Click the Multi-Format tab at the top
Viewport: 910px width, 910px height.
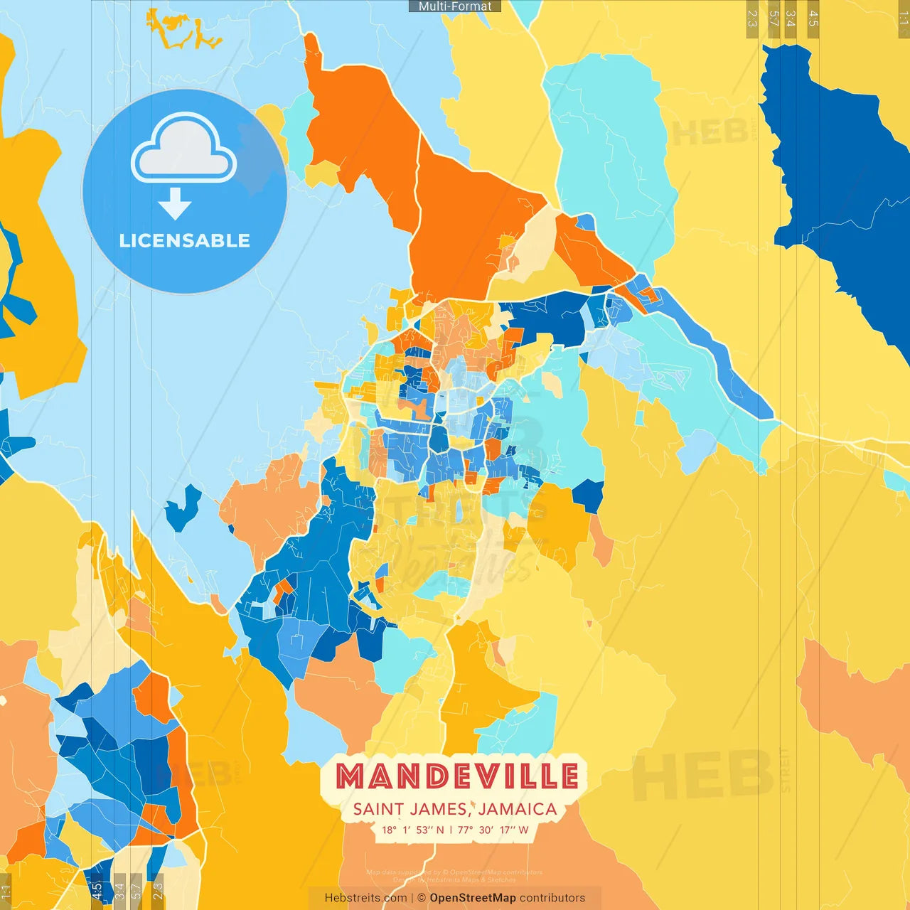click(455, 6)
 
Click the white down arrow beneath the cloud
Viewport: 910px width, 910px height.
click(175, 203)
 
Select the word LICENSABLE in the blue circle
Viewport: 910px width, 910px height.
click(185, 240)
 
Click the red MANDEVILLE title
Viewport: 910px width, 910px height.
click(456, 776)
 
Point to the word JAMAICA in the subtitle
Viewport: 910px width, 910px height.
click(518, 809)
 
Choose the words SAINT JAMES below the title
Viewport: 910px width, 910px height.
click(409, 809)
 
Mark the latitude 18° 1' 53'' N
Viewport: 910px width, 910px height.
click(412, 830)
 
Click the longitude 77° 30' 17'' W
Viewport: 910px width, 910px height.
click(493, 830)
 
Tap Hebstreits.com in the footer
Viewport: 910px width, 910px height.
click(365, 898)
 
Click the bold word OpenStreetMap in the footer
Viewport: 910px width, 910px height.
click(473, 898)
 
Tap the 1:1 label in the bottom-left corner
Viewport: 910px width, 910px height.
click(6, 892)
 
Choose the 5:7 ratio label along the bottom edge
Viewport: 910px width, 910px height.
click(136, 892)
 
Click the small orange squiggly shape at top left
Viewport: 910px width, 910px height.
click(182, 32)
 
